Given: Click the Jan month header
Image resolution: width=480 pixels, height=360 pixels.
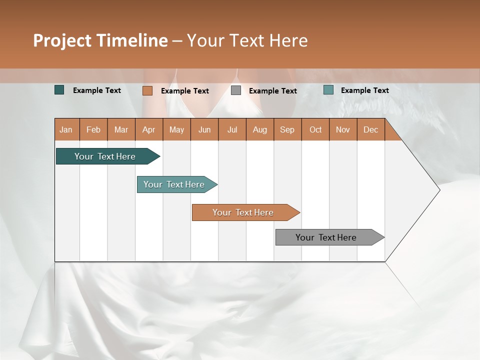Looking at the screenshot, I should pos(66,129).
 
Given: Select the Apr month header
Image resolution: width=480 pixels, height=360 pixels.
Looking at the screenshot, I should pos(148,129).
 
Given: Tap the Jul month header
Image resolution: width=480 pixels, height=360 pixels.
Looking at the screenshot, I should pos(232,129).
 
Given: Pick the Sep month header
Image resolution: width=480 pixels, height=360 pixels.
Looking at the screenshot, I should pos(287,129).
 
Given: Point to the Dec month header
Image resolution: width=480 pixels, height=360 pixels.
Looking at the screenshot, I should pos(370,129).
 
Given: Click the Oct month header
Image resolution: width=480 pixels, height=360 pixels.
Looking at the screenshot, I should pos(315,129).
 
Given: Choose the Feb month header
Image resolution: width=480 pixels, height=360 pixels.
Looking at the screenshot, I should pos(93,129).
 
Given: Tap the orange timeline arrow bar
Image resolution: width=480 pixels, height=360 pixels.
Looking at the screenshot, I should pos(243,212).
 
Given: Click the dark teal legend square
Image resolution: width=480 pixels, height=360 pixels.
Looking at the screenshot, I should pos(59,90).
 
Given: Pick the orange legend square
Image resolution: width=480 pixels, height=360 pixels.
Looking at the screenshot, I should pos(147,90).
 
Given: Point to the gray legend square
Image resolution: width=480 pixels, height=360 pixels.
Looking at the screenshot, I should pos(236,90).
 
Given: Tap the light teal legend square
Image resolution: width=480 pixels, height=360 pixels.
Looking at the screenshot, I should pos(328,90).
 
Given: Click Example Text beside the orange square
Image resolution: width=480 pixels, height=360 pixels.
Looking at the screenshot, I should pos(184,91).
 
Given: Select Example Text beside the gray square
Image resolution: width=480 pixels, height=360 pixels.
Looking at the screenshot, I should pos(272,91).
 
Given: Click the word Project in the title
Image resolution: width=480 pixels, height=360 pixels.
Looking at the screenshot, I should pos(62,40).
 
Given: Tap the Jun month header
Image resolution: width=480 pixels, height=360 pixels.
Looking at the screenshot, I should pos(204,129).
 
